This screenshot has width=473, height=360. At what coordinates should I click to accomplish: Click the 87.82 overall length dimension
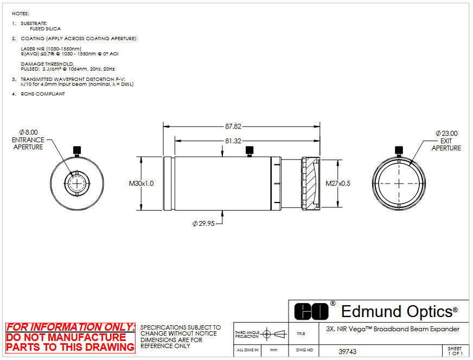[x=233, y=126]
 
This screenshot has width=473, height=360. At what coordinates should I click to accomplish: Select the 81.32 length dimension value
[x=233, y=141]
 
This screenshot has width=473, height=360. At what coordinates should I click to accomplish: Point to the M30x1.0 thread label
[x=141, y=184]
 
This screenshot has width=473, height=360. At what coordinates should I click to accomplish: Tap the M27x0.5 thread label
[x=338, y=184]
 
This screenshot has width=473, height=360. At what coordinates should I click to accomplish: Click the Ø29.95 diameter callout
[x=203, y=224]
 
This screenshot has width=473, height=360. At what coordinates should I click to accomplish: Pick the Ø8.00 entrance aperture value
[x=29, y=132]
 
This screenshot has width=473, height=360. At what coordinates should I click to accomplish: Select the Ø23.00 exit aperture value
[x=446, y=133]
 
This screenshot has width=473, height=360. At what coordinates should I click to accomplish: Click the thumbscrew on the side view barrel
[x=250, y=151]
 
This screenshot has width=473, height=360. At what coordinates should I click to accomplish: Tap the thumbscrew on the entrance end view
[x=77, y=151]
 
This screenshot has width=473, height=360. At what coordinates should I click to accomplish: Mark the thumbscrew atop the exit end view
[x=399, y=151]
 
